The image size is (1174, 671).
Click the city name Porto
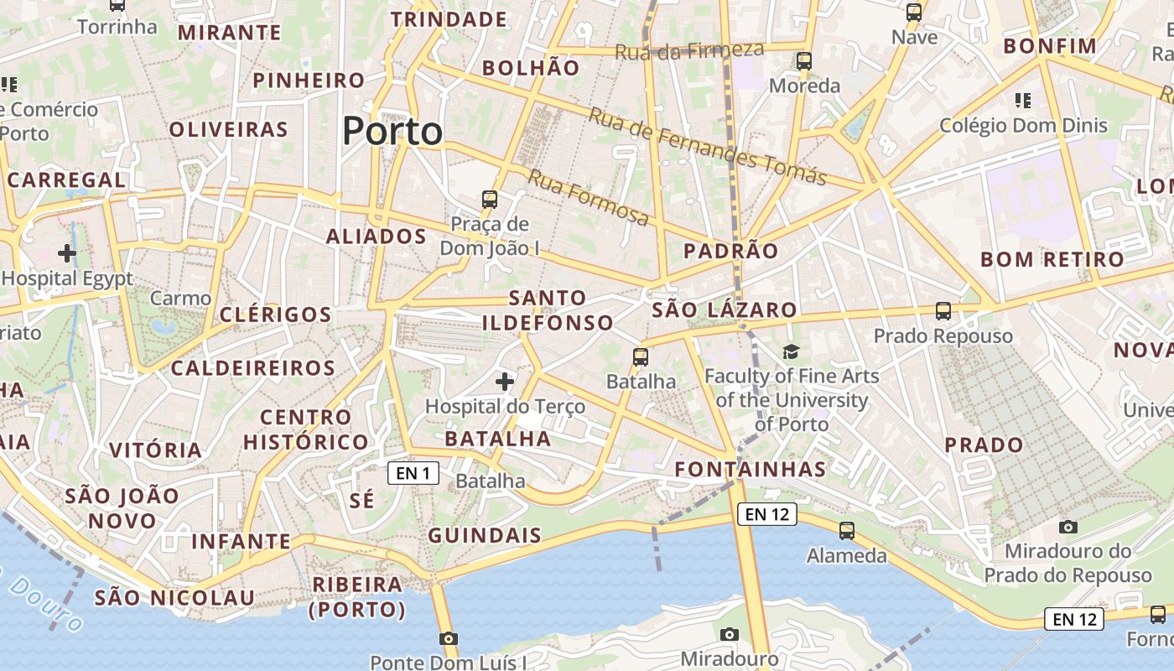392,132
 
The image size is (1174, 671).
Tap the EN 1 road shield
413,473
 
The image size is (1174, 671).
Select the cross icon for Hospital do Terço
505,382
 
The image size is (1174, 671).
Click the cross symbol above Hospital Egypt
67,252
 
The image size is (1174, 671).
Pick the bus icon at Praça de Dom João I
490,200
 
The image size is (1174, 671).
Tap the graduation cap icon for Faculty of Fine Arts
791,351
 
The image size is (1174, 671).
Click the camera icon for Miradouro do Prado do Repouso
1068,527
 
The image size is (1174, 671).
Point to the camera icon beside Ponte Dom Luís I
449,638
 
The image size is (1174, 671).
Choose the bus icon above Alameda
847,530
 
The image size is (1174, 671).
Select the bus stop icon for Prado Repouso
943,311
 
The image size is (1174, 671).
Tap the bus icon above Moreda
804,60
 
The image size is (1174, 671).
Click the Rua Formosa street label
589,198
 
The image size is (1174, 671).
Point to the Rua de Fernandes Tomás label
707,146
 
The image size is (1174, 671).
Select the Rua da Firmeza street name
689,51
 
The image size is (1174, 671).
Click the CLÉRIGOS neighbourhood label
276,315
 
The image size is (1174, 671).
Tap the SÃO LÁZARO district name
725,309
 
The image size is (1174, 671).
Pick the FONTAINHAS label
751,469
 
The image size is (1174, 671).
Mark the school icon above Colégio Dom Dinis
1023,101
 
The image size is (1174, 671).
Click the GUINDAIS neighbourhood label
485,535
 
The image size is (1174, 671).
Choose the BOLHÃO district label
532,68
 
